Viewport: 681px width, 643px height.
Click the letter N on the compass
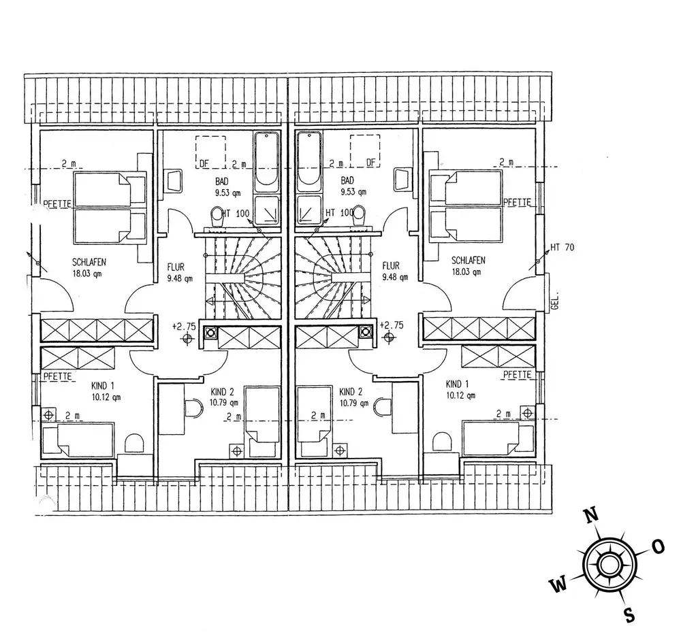point(592,514)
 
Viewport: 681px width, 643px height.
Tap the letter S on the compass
point(630,614)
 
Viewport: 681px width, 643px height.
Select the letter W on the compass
point(558,583)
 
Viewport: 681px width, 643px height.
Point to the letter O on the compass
point(658,546)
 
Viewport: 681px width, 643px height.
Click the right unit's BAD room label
point(347,180)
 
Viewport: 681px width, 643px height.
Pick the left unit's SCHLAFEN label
point(89,261)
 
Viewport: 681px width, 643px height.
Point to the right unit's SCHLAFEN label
point(468,261)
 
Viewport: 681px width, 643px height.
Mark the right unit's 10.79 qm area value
point(353,403)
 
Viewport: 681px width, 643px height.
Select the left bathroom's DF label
point(204,163)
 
